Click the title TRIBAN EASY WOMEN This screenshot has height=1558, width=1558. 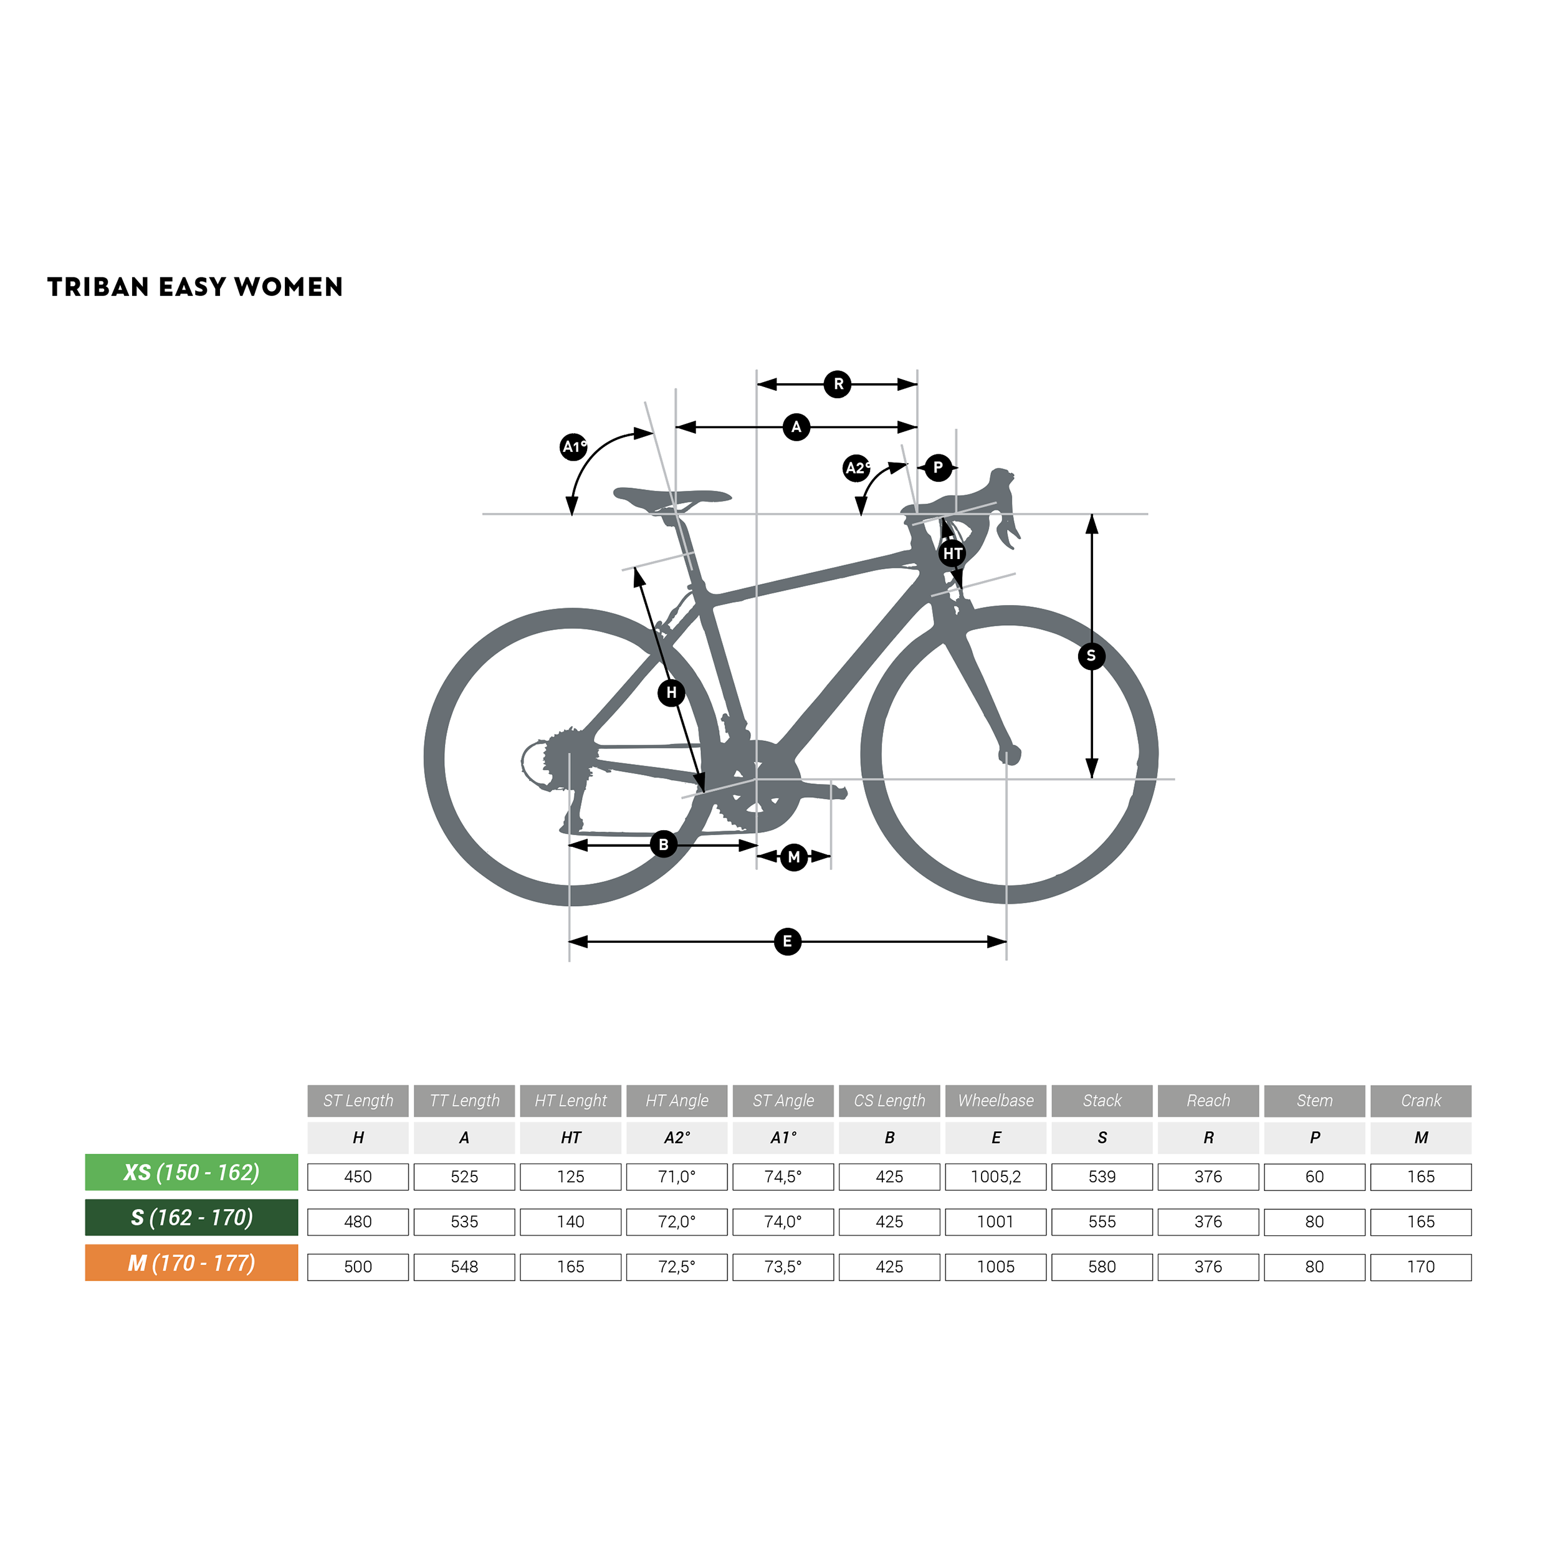(x=195, y=287)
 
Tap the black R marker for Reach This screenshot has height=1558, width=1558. (x=838, y=384)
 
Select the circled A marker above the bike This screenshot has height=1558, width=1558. (x=796, y=427)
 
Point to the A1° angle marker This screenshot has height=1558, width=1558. (x=573, y=446)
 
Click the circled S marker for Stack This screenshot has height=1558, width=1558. (x=1091, y=656)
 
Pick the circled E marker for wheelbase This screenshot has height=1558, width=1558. (x=787, y=941)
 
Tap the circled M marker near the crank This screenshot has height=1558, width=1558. (x=793, y=856)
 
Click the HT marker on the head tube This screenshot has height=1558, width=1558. (x=952, y=553)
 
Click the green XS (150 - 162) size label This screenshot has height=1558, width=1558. (x=191, y=1172)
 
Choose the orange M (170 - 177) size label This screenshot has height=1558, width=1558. (x=191, y=1263)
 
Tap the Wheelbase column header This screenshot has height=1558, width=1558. (x=995, y=1101)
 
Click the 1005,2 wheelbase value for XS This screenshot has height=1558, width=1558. (x=995, y=1177)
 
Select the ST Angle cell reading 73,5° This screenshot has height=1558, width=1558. (x=782, y=1267)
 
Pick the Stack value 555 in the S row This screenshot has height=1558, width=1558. (x=1102, y=1221)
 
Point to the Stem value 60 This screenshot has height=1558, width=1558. (x=1314, y=1177)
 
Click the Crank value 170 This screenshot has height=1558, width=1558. (x=1420, y=1267)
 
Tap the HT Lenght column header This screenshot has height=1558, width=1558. (x=570, y=1101)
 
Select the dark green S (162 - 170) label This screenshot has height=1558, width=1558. (x=191, y=1218)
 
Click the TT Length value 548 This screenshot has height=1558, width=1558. (x=464, y=1267)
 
